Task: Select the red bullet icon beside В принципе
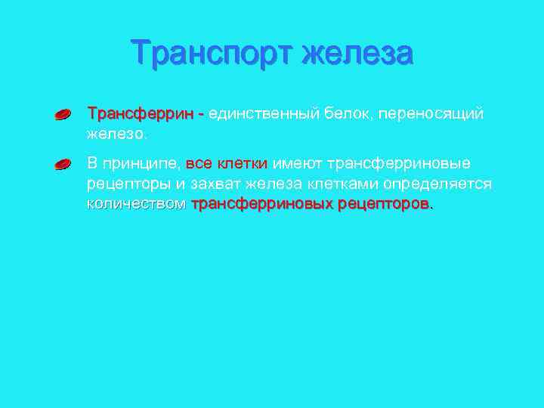63,165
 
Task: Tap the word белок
346,114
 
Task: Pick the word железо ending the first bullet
117,134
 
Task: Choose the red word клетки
243,163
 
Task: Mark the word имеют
297,163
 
